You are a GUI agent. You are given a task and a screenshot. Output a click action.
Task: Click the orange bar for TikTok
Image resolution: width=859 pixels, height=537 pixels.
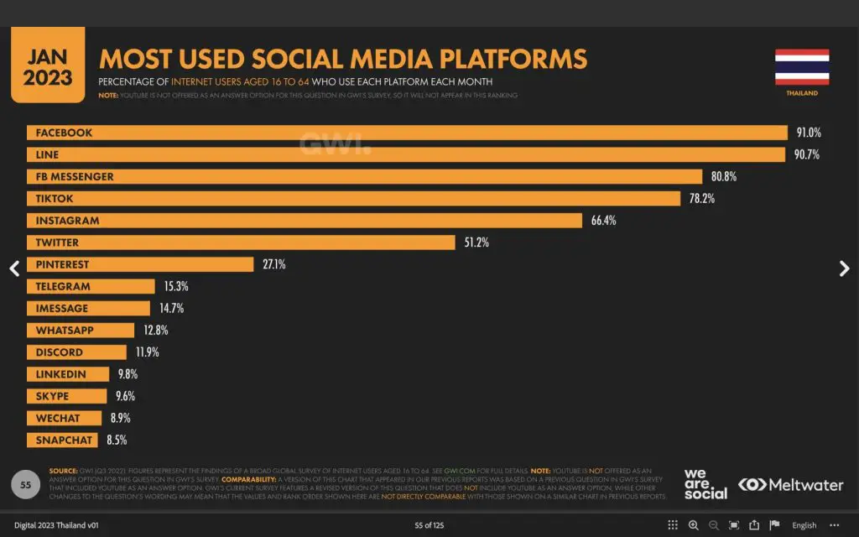(x=353, y=199)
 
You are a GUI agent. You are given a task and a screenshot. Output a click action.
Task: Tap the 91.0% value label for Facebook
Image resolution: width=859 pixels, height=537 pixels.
(x=809, y=133)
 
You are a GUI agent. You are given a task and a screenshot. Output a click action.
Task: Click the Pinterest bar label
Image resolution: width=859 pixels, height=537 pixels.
(x=62, y=264)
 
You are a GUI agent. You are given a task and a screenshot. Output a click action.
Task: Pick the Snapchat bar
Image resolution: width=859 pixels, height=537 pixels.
(x=63, y=440)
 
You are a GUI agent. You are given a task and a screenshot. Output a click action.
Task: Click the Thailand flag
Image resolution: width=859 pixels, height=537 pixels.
(x=802, y=67)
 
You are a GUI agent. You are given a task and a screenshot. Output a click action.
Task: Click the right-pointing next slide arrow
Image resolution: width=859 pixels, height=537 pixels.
(x=844, y=268)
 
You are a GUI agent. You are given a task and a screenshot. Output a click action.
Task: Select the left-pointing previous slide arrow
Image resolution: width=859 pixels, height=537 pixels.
(x=14, y=268)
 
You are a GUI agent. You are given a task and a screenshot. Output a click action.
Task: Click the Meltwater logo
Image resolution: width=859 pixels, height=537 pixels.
(x=790, y=485)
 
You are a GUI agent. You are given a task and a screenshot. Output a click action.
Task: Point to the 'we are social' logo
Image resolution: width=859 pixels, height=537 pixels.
(x=705, y=484)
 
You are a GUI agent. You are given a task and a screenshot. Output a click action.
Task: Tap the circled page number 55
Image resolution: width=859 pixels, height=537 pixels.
(x=26, y=485)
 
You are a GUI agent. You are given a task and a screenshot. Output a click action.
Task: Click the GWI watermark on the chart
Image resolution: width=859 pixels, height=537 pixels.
(x=335, y=143)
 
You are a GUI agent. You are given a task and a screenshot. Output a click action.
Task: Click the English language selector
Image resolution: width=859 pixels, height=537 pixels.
(x=804, y=525)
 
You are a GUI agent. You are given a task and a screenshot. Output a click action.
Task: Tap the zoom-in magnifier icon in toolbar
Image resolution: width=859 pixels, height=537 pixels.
(x=694, y=525)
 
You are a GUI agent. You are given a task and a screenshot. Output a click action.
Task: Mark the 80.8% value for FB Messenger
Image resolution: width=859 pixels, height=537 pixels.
(x=724, y=177)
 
